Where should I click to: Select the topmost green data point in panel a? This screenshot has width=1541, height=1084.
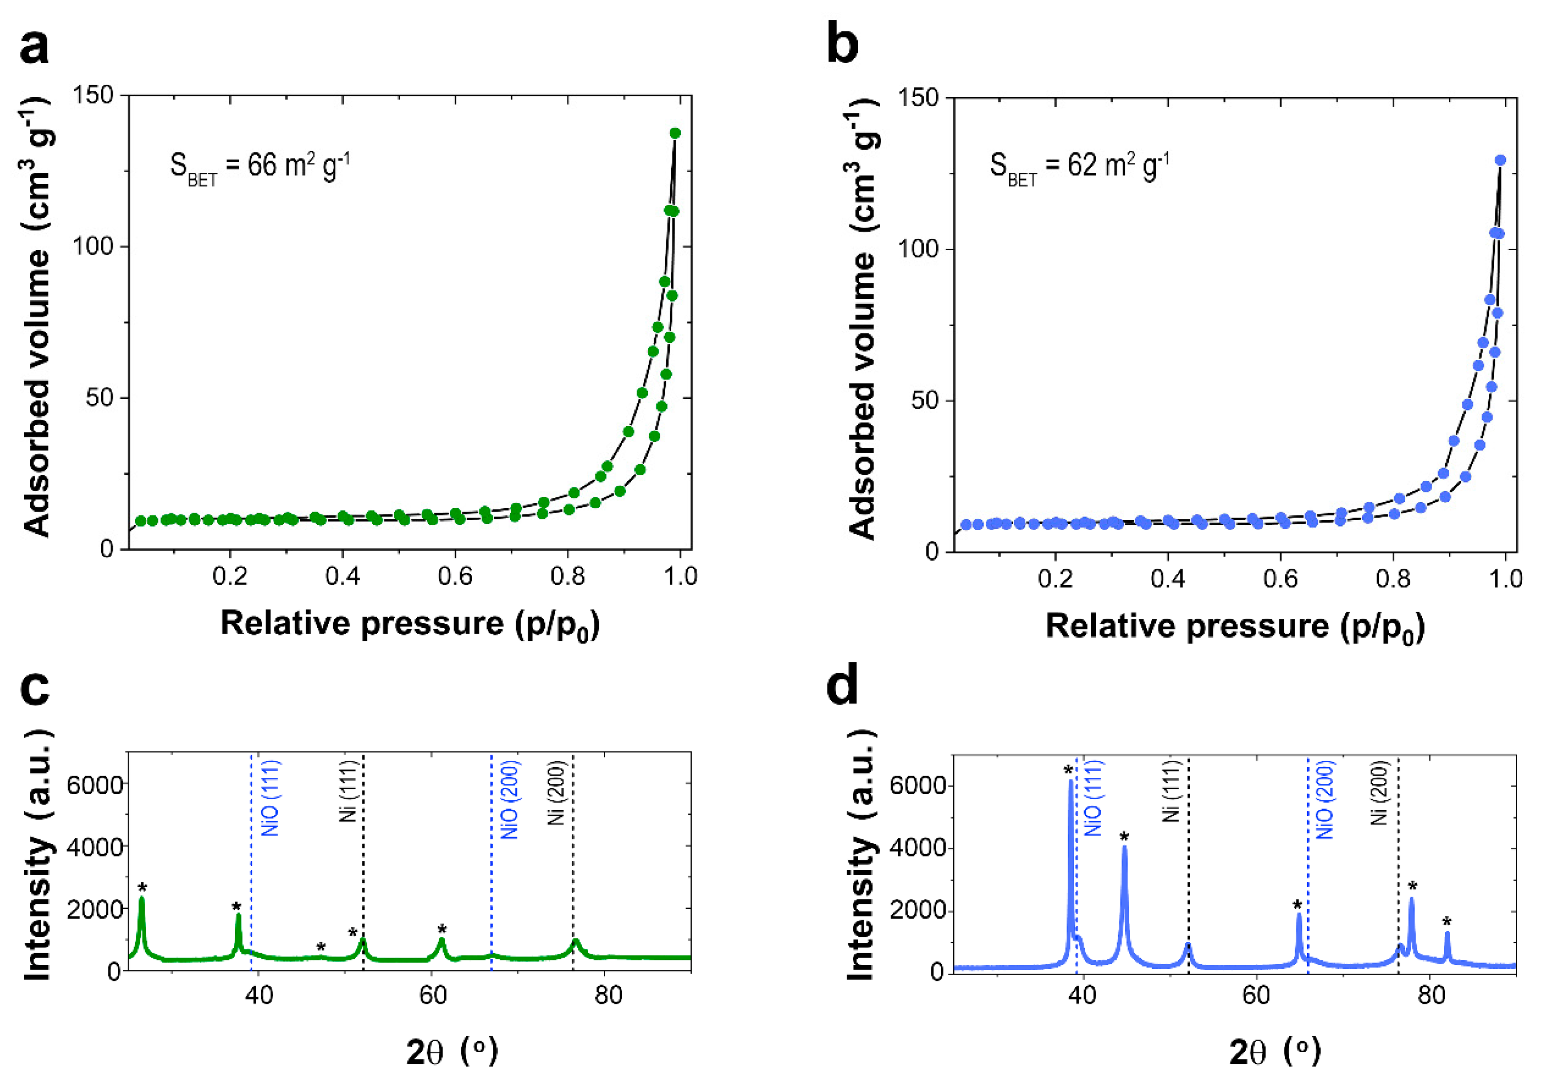tap(675, 133)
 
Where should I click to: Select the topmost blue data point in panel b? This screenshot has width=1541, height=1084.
tap(1500, 160)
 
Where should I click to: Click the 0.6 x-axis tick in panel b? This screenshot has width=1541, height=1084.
tap(1280, 579)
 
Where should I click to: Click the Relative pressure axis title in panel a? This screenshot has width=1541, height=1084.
tap(409, 623)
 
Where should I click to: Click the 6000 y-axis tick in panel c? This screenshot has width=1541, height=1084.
tap(95, 784)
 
